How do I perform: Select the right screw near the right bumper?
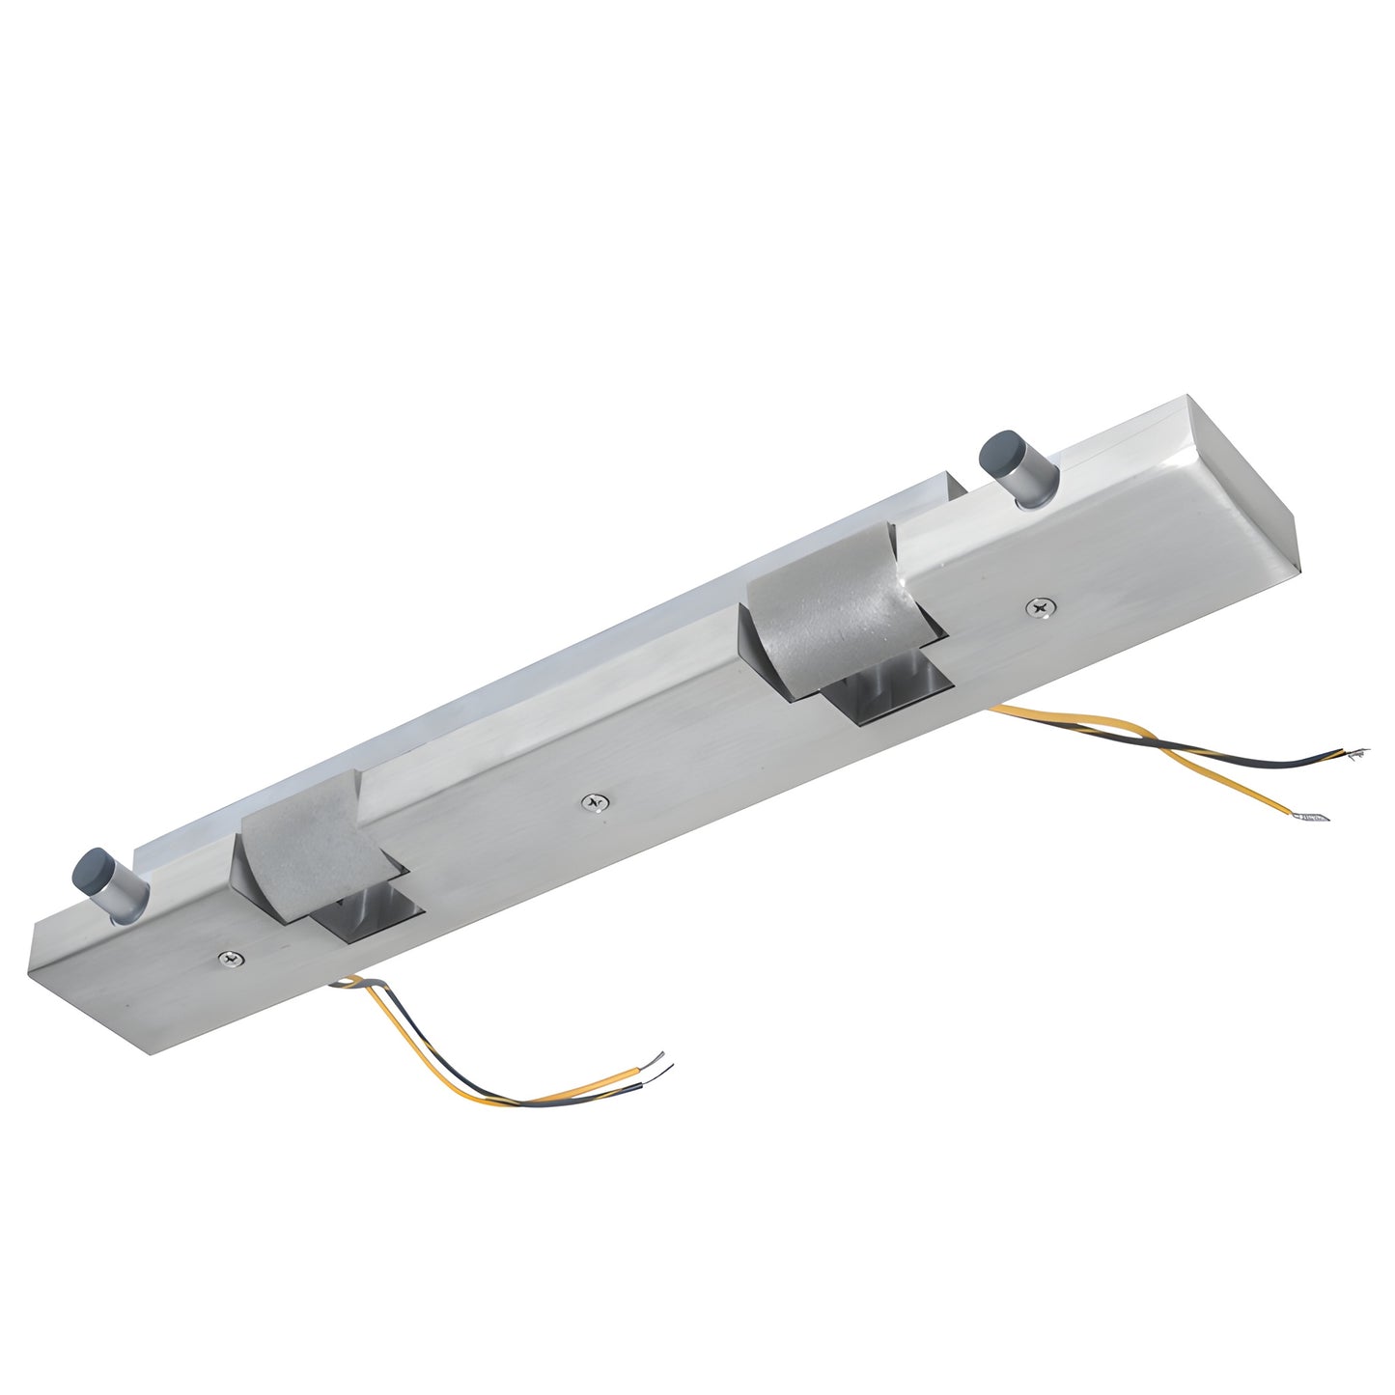[1039, 607]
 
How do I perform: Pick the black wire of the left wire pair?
[444, 1081]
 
